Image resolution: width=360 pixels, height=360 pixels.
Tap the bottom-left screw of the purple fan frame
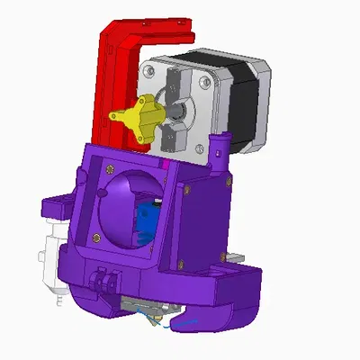tap(93, 237)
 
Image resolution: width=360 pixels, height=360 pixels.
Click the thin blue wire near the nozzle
tap(189, 319)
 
